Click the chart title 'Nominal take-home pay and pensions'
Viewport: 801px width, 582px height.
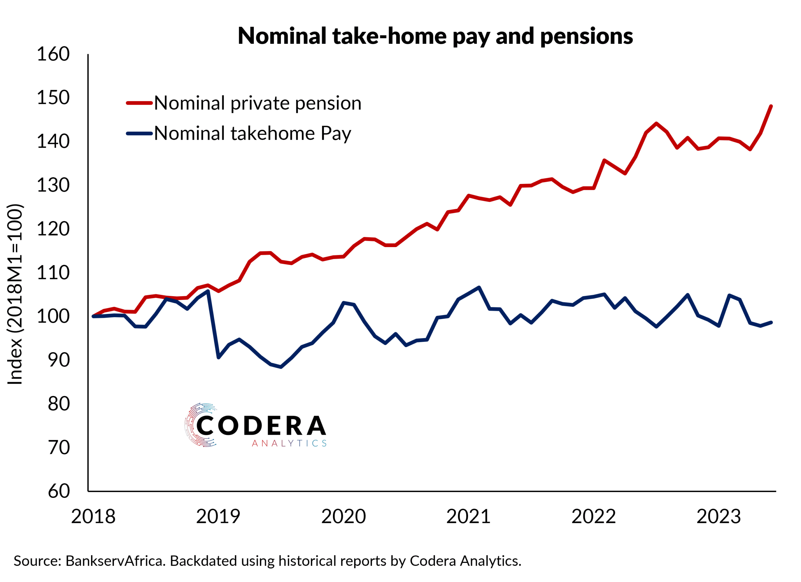pyautogui.click(x=435, y=36)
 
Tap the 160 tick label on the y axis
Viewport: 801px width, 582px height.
pyautogui.click(x=53, y=54)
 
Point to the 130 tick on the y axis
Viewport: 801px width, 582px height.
pyautogui.click(x=53, y=185)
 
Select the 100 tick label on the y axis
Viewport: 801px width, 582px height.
pyautogui.click(x=53, y=316)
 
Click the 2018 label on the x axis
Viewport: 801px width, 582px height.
pyautogui.click(x=93, y=517)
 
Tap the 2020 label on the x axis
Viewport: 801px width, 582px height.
pyautogui.click(x=343, y=517)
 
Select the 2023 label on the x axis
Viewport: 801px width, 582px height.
pyautogui.click(x=718, y=517)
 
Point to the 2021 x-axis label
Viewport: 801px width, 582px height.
pyautogui.click(x=468, y=517)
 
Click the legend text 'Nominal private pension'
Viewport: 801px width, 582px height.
pyautogui.click(x=258, y=104)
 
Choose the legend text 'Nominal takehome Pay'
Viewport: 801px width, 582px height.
pyautogui.click(x=253, y=134)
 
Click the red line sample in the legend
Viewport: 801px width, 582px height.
pyautogui.click(x=139, y=103)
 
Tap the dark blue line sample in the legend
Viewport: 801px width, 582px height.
pyautogui.click(x=139, y=134)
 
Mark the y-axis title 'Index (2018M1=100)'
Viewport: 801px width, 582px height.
pyautogui.click(x=15, y=294)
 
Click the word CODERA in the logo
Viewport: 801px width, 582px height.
pyautogui.click(x=261, y=426)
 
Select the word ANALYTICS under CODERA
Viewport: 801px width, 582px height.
pyautogui.click(x=289, y=444)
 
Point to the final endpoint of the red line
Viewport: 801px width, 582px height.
pyautogui.click(x=771, y=106)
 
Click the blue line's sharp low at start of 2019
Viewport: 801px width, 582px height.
pyautogui.click(x=219, y=357)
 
